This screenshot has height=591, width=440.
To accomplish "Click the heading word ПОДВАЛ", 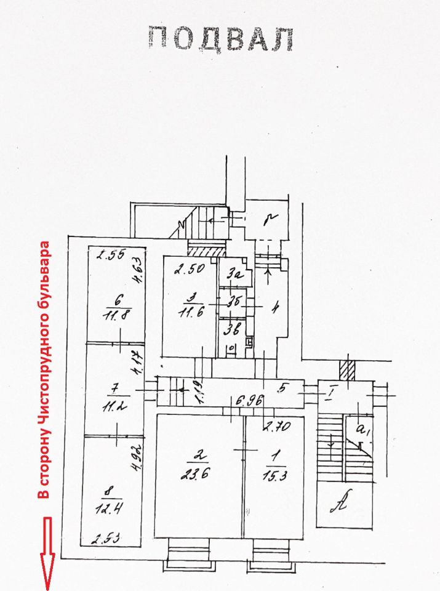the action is (x=220, y=39).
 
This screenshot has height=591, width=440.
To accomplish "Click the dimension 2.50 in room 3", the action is (x=188, y=270).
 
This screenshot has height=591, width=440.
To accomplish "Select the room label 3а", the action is (x=234, y=275).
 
